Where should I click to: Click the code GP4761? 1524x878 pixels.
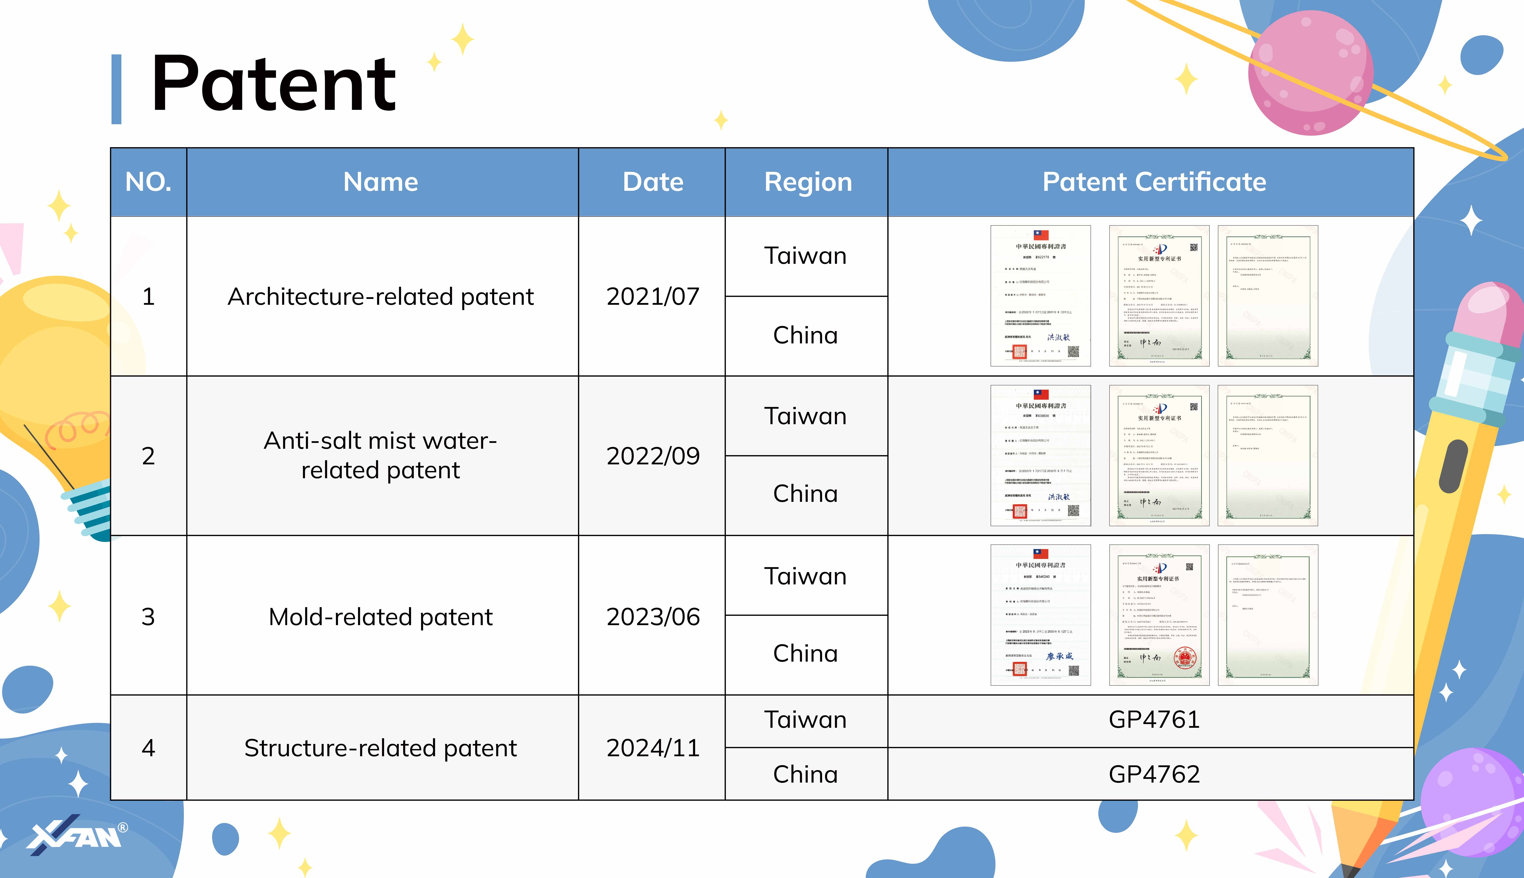click(x=1154, y=719)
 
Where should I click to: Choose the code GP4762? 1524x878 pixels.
click(x=1154, y=774)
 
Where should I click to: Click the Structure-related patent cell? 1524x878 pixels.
click(x=381, y=748)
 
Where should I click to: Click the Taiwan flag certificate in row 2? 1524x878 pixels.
click(x=1040, y=455)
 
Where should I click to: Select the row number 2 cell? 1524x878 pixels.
click(x=148, y=456)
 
